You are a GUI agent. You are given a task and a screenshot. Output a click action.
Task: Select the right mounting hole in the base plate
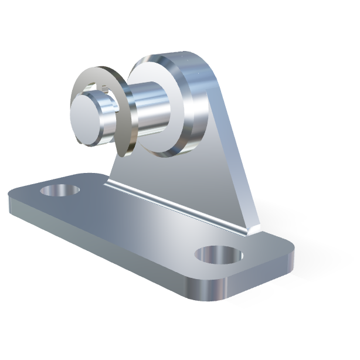[x=218, y=255]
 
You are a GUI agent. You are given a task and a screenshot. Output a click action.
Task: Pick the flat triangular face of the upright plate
[x=193, y=176]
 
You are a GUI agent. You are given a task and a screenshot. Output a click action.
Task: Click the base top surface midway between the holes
[x=135, y=226]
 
